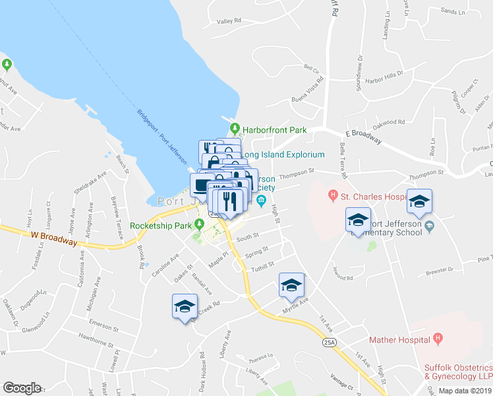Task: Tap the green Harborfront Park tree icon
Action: click(x=234, y=129)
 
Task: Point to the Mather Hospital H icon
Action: click(x=437, y=339)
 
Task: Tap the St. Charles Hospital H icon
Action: click(x=333, y=195)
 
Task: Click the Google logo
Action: click(x=22, y=388)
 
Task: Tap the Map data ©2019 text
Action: click(x=464, y=391)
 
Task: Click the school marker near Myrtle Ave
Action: click(x=291, y=285)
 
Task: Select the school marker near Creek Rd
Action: click(x=185, y=307)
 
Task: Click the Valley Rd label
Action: click(x=229, y=21)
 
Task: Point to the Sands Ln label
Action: click(x=452, y=11)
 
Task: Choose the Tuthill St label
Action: click(x=262, y=267)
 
